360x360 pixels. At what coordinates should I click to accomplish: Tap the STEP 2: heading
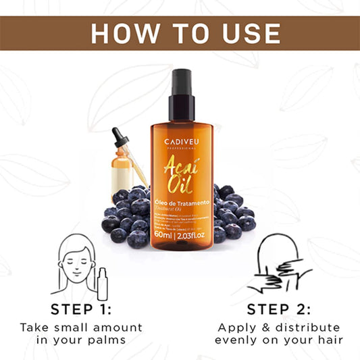[x=279, y=309]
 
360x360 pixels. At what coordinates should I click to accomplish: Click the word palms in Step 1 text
[x=111, y=340]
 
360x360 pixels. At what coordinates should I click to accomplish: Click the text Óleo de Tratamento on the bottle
[x=180, y=203]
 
